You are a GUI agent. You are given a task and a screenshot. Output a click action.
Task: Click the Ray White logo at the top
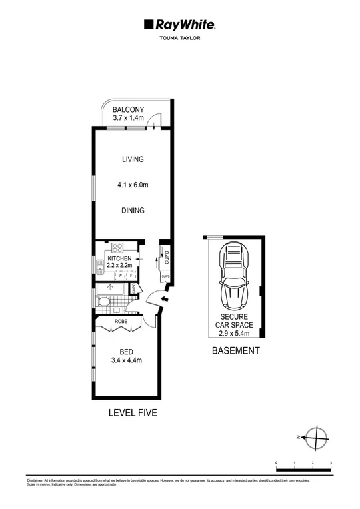tap(179, 25)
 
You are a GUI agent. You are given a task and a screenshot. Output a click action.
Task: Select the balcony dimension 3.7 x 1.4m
tap(129, 119)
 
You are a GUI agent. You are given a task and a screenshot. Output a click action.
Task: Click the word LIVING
tap(133, 159)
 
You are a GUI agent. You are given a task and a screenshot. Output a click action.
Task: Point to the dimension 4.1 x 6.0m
tap(132, 185)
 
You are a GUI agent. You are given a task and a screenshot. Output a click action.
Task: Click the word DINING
tap(133, 210)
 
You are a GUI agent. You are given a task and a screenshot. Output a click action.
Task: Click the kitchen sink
tap(99, 269)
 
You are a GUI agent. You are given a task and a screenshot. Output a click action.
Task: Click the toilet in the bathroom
tap(103, 303)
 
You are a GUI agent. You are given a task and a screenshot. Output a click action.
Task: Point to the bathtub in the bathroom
tap(111, 290)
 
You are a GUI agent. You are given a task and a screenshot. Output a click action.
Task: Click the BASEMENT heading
tap(235, 351)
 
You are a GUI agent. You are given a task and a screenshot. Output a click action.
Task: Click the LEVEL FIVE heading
tap(133, 413)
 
